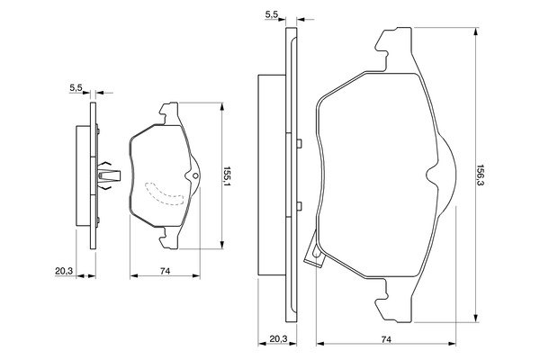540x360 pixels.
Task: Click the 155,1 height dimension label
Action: [x=227, y=176]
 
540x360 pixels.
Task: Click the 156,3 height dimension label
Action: [x=481, y=178]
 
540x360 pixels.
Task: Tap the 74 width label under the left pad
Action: [x=166, y=271]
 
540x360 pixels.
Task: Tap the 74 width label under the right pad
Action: [x=386, y=339]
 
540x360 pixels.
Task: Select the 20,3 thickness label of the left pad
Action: [x=64, y=271]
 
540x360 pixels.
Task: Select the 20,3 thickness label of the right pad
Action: [x=278, y=339]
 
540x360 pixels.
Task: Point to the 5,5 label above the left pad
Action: [x=76, y=88]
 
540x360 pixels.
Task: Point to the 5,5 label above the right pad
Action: [x=272, y=14]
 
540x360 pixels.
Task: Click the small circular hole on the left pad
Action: [x=195, y=176]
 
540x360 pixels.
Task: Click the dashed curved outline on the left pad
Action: [x=165, y=193]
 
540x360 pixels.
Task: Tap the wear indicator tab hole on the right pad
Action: [x=316, y=254]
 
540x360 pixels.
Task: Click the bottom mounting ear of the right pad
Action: [x=393, y=301]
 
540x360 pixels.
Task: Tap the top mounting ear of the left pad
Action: [x=169, y=112]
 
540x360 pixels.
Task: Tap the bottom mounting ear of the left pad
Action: [x=169, y=238]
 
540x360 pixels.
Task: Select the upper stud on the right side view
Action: [x=299, y=143]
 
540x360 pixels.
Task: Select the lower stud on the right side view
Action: [x=299, y=206]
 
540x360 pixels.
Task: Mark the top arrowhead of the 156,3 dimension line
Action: [x=476, y=31]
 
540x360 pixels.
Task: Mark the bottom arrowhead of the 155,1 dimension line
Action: [x=222, y=244]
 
